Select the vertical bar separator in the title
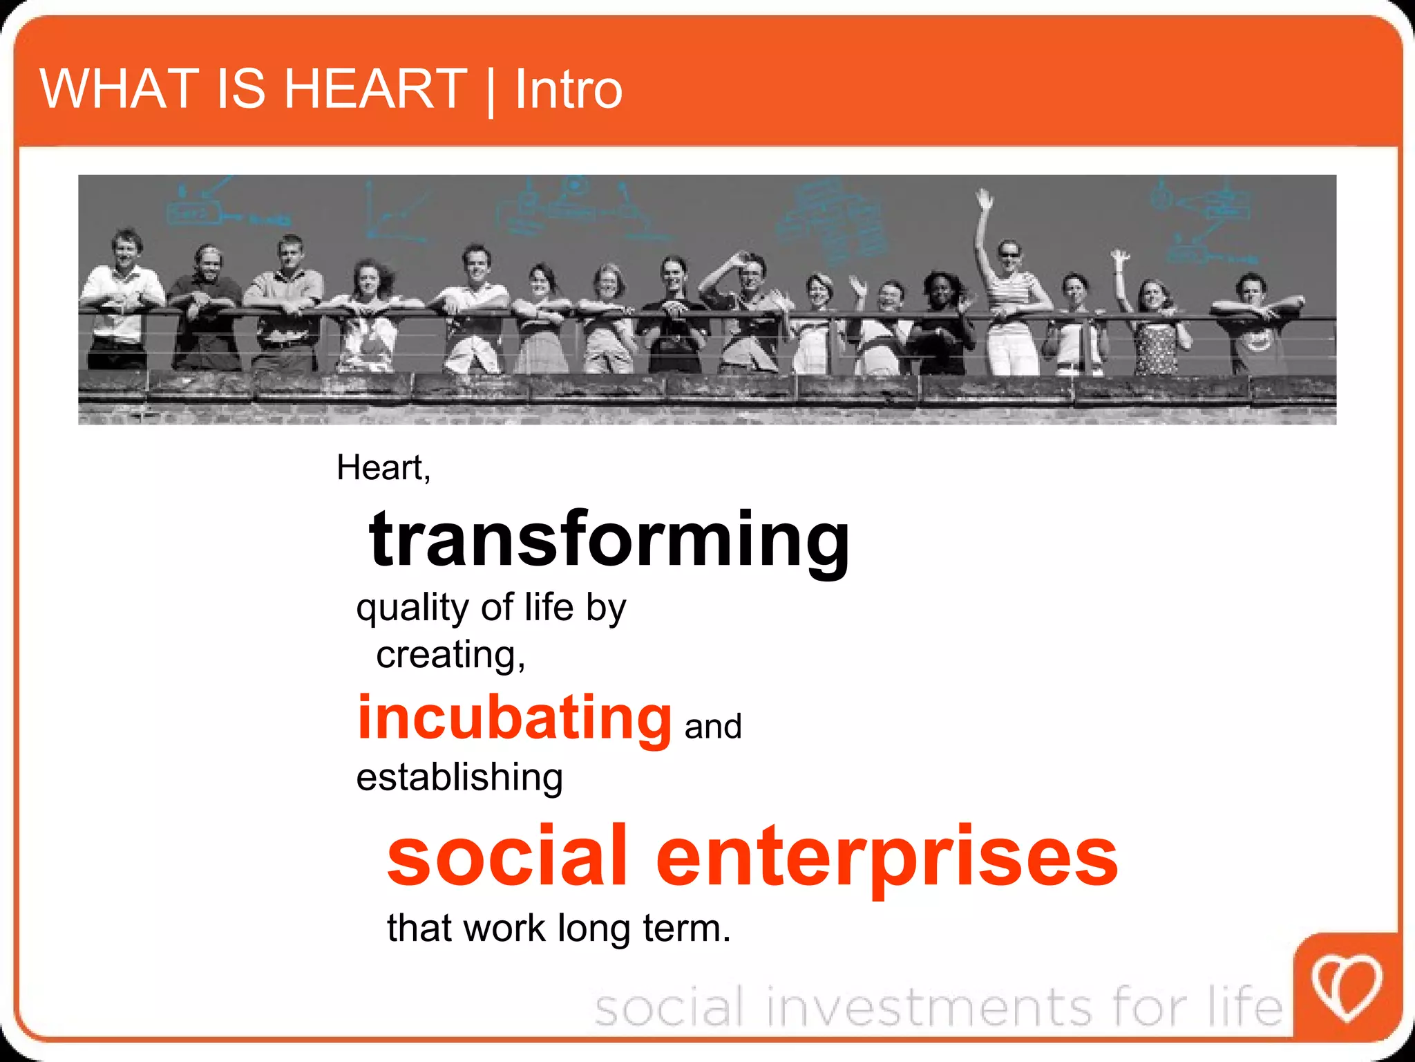(x=491, y=91)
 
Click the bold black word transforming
(x=609, y=539)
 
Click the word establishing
(x=459, y=777)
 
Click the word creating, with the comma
(x=450, y=655)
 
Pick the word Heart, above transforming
(x=383, y=468)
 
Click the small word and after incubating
(x=713, y=727)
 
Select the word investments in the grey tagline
(x=930, y=1007)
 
